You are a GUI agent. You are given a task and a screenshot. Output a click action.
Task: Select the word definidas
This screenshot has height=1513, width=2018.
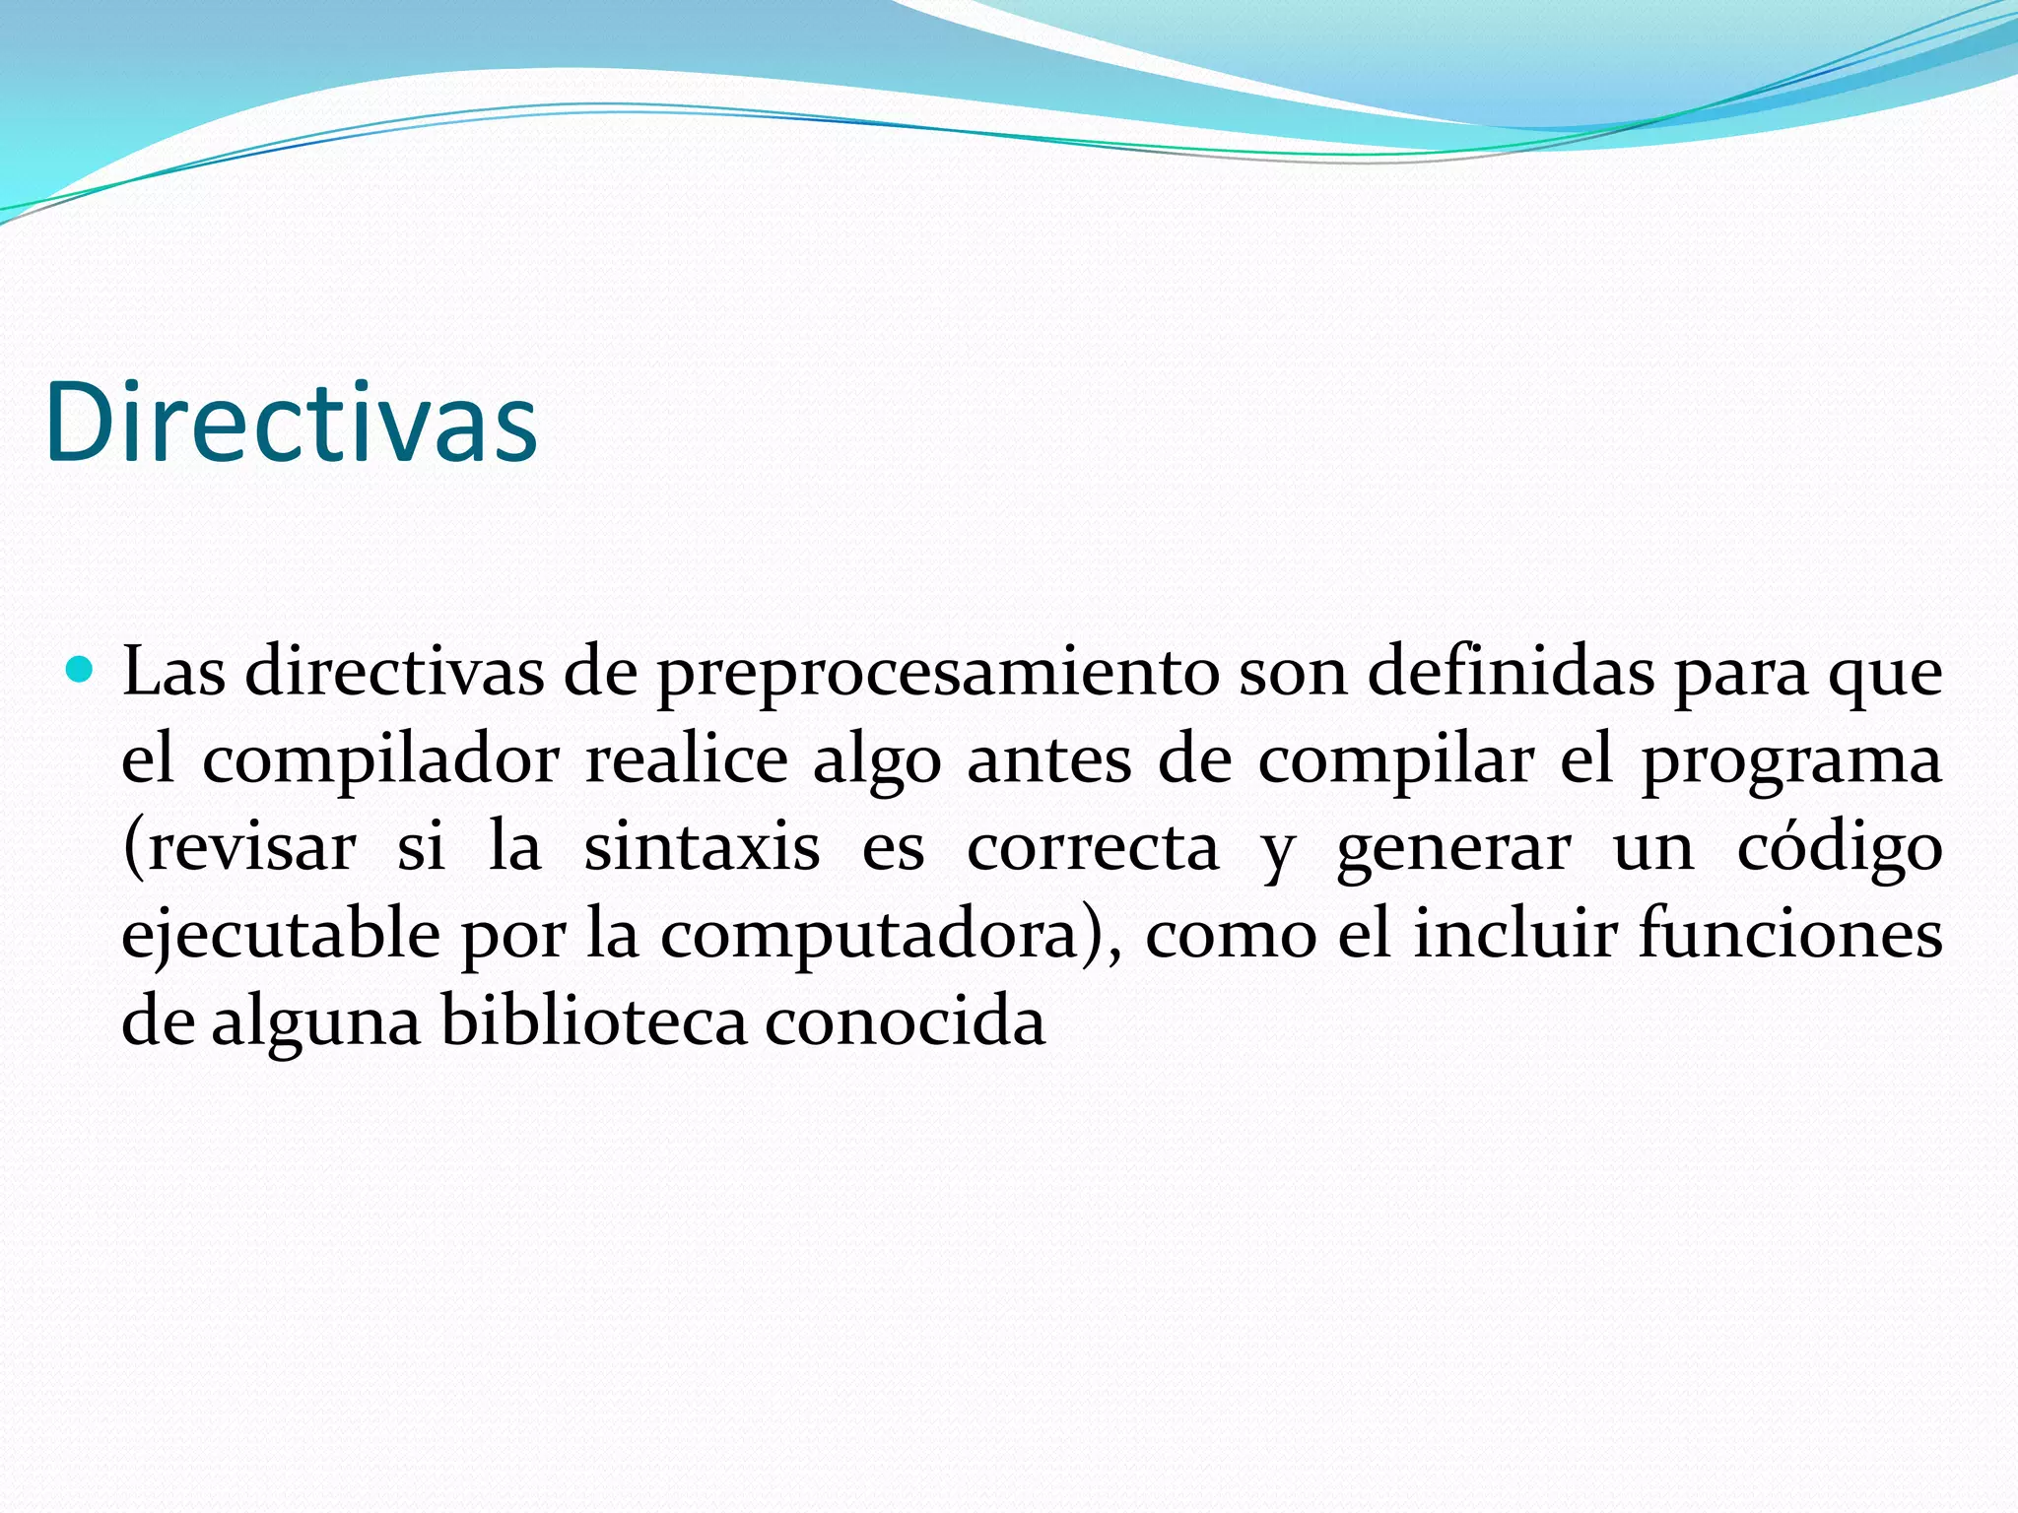1511,672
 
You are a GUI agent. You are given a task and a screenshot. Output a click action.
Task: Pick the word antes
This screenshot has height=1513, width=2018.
1048,760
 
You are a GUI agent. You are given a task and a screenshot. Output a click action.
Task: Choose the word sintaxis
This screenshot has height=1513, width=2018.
702,847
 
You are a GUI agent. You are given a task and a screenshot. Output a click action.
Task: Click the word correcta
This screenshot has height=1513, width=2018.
1092,847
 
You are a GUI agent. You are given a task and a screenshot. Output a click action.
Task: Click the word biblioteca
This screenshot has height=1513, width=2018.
594,1020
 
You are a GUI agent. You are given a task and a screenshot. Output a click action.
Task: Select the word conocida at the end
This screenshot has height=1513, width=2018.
905,1020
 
